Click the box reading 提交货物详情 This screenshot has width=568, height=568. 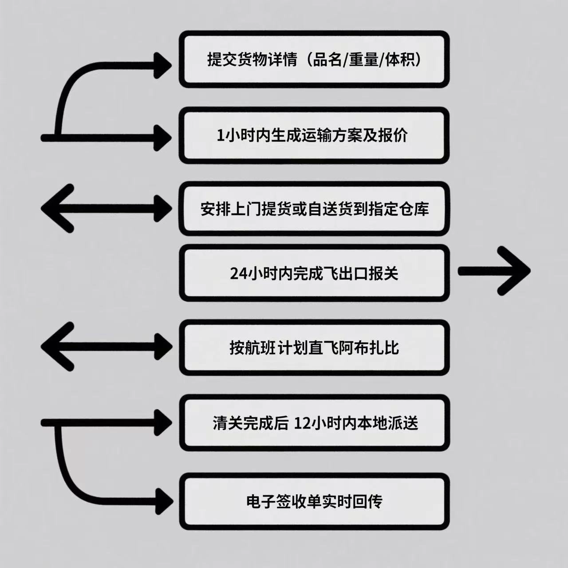pyautogui.click(x=314, y=59)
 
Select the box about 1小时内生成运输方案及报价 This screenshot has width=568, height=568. pyautogui.click(x=314, y=135)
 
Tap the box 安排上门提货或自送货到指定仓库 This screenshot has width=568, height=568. pyautogui.click(x=314, y=209)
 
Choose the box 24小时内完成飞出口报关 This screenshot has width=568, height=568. pyautogui.click(x=314, y=273)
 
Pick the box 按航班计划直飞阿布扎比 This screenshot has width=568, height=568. pyautogui.click(x=314, y=347)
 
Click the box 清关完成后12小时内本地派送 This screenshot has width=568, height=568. pyautogui.click(x=314, y=423)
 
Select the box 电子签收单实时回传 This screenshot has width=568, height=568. pyautogui.click(x=314, y=501)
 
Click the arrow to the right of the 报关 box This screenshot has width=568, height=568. pyautogui.click(x=494, y=271)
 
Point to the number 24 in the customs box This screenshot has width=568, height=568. pyautogui.click(x=239, y=273)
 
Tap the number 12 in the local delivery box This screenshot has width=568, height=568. pyautogui.click(x=303, y=424)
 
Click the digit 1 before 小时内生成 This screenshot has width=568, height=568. pyautogui.click(x=220, y=136)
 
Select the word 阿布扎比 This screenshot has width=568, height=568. pyautogui.click(x=369, y=348)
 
